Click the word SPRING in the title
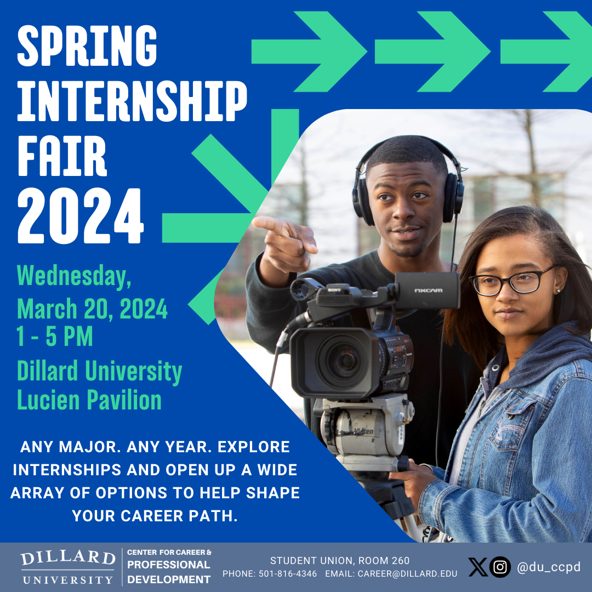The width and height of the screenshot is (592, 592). click(x=87, y=46)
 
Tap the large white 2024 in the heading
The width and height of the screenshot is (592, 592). click(x=81, y=215)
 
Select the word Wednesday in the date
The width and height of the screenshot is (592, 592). click(x=72, y=275)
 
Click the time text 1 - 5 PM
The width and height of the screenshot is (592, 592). click(x=54, y=337)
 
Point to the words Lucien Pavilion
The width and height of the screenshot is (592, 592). click(x=89, y=400)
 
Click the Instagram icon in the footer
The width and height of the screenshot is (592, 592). click(x=500, y=567)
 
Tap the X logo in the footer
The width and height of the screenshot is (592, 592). click(x=478, y=567)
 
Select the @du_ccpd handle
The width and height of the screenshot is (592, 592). click(x=549, y=567)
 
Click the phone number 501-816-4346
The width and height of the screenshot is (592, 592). click(x=288, y=574)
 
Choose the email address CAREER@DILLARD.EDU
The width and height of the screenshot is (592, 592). click(x=407, y=574)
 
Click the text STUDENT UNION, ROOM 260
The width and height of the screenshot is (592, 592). click(x=340, y=561)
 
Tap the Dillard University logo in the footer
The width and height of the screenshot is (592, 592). click(x=68, y=567)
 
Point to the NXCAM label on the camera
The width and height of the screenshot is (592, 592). click(x=428, y=291)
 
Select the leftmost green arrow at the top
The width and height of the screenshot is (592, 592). click(x=309, y=52)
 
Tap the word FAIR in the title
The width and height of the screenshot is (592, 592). click(x=62, y=156)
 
